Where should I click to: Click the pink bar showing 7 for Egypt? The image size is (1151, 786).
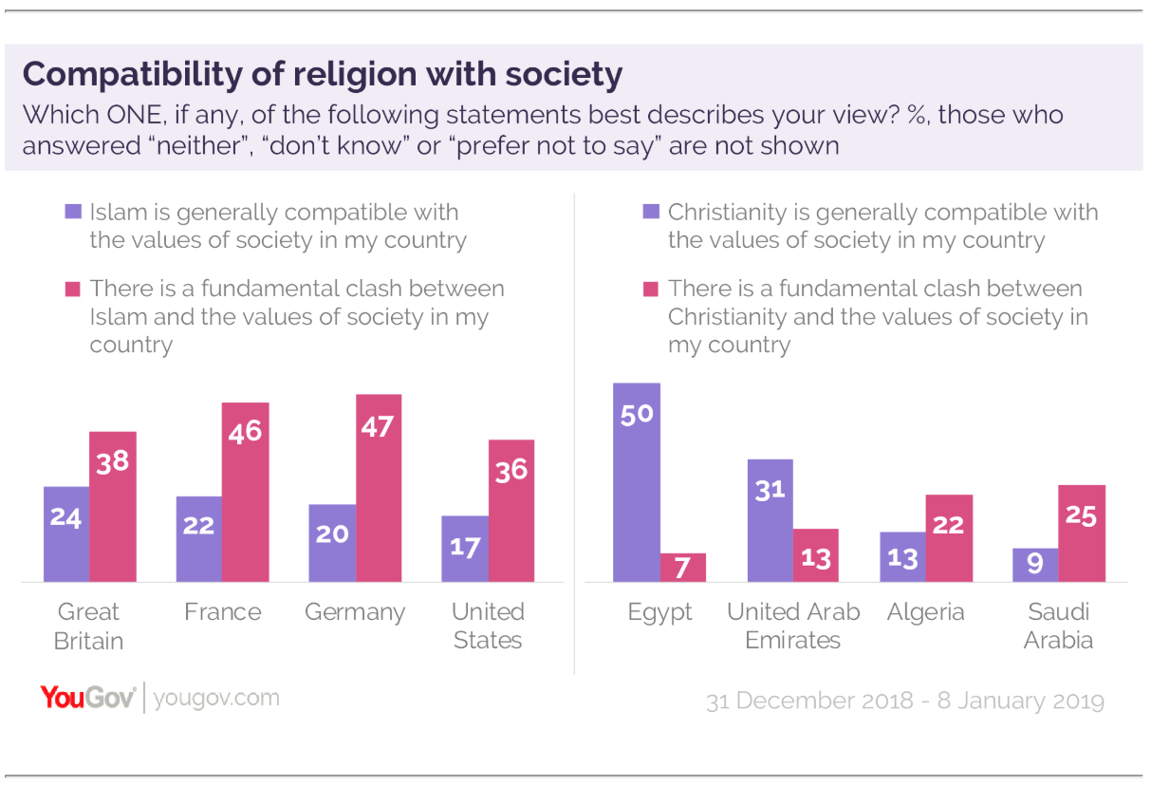tap(683, 568)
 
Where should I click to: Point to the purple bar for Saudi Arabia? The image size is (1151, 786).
tap(1035, 565)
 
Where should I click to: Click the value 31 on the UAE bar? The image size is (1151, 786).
tap(770, 490)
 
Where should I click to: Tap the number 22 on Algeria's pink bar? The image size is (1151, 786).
tap(949, 524)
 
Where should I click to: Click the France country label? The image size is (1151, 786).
tap(222, 612)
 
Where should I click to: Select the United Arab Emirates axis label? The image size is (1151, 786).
tap(793, 626)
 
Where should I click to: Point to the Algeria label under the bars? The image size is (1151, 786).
tap(926, 612)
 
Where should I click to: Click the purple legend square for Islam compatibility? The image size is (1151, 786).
tap(73, 212)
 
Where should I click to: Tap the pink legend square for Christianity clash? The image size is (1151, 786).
tap(651, 288)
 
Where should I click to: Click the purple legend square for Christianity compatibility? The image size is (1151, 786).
tap(651, 212)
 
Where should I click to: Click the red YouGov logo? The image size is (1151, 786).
tap(88, 698)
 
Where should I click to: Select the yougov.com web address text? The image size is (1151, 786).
tap(216, 699)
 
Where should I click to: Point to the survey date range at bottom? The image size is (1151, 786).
tap(905, 701)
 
